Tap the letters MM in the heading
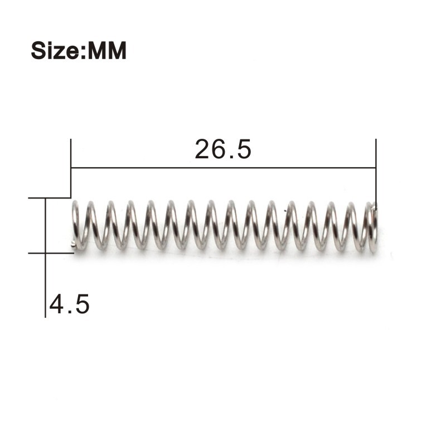click(107, 51)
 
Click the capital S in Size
click(39, 50)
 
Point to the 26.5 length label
click(223, 149)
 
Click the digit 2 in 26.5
click(202, 149)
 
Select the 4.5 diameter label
click(69, 304)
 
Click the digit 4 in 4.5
click(57, 304)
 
